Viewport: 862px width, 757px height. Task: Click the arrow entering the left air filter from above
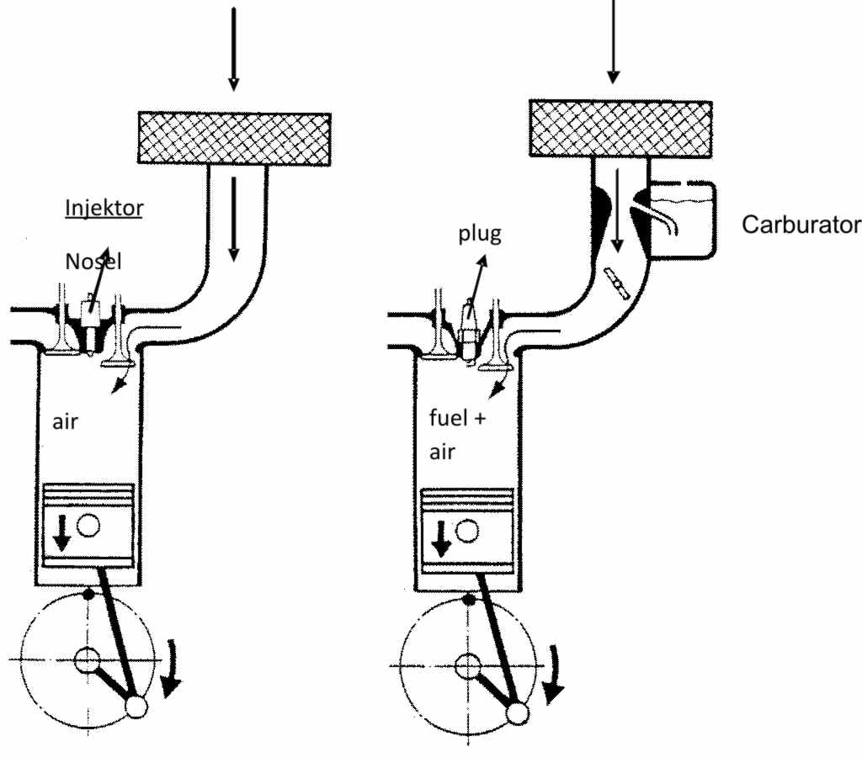[x=234, y=48]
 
